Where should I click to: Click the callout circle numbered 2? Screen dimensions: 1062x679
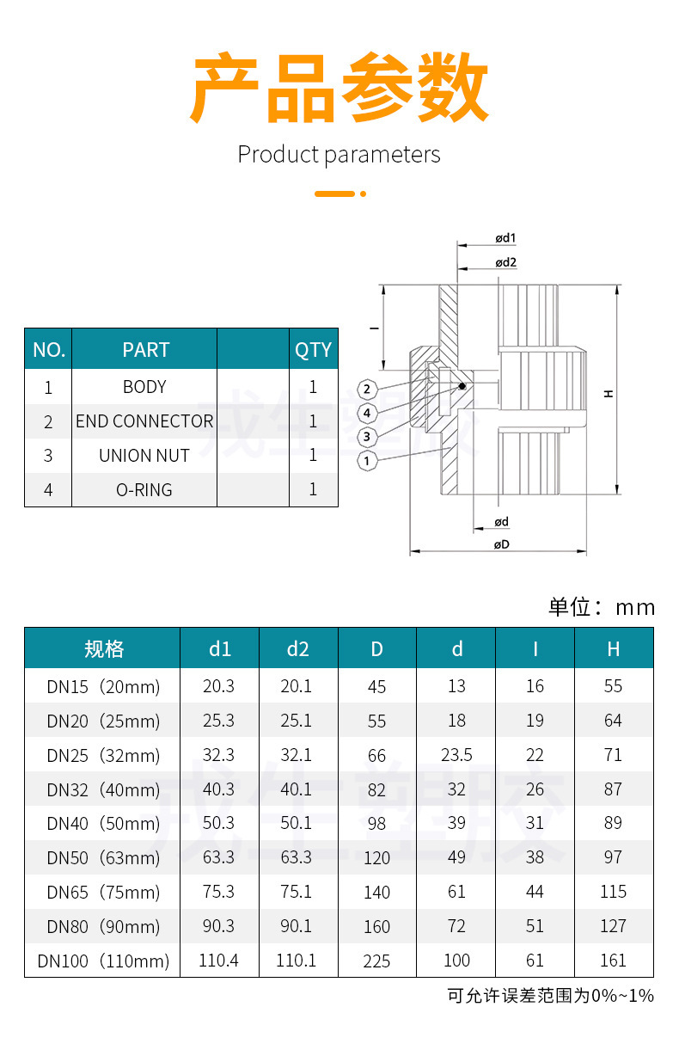click(x=367, y=390)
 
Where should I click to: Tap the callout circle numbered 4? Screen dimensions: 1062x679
click(x=367, y=413)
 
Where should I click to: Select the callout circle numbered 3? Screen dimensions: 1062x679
click(x=367, y=437)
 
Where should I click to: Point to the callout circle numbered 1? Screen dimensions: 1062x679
click(x=367, y=461)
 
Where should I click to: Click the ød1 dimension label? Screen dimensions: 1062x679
click(x=505, y=237)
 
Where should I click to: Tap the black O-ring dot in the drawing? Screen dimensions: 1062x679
click(x=462, y=386)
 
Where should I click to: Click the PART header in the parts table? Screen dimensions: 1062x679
click(x=145, y=350)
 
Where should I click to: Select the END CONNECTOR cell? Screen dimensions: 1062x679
click(x=144, y=421)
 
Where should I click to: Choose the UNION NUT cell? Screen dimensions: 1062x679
click(x=144, y=456)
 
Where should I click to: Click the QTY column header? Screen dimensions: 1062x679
click(x=313, y=350)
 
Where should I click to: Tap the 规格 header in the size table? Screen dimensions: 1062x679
click(x=103, y=649)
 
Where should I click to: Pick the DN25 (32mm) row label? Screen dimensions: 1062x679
click(x=103, y=756)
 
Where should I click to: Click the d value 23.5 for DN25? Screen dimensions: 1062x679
click(x=456, y=755)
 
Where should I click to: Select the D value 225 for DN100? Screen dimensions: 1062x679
click(x=376, y=961)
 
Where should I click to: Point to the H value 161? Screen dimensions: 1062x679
click(x=613, y=961)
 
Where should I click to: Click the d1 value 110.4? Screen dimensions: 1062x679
click(x=218, y=961)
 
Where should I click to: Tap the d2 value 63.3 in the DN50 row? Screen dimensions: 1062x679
click(x=297, y=857)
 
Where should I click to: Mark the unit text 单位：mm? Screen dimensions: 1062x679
click(x=602, y=607)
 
